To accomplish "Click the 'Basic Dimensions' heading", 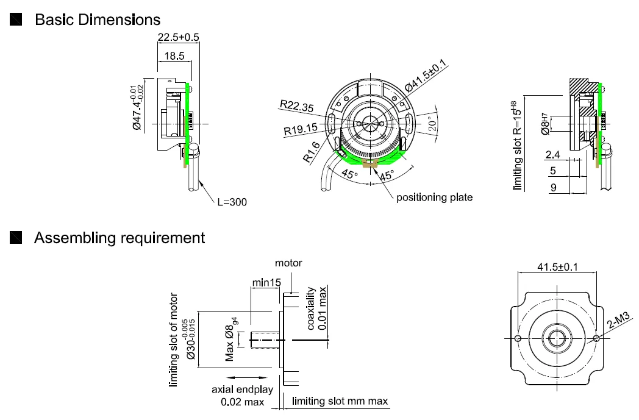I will pyautogui.click(x=98, y=20).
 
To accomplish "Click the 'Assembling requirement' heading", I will pyautogui.click(x=120, y=238).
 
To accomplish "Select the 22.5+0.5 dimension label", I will pyautogui.click(x=179, y=38).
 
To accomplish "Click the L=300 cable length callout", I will pyautogui.click(x=232, y=202).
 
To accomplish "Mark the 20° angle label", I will pyautogui.click(x=432, y=125).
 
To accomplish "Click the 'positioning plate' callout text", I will pyautogui.click(x=434, y=198).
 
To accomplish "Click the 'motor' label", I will pyautogui.click(x=288, y=263).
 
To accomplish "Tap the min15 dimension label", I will pyautogui.click(x=266, y=282).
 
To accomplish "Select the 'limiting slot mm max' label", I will pyautogui.click(x=340, y=401).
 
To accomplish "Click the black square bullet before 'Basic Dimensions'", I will pyautogui.click(x=17, y=20).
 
